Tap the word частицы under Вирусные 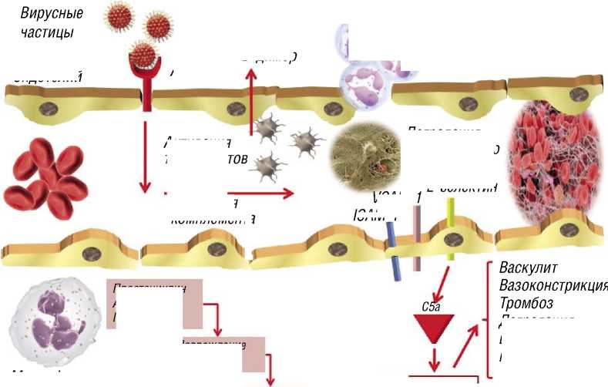(47, 32)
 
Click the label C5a (432, 306)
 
